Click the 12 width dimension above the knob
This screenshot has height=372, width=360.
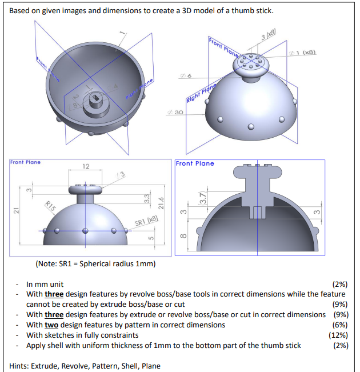pos(86,166)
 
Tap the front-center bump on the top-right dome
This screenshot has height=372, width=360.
pos(250,126)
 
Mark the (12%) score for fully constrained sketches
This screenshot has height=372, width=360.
pos(338,335)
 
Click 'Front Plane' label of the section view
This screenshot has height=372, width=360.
pos(195,163)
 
